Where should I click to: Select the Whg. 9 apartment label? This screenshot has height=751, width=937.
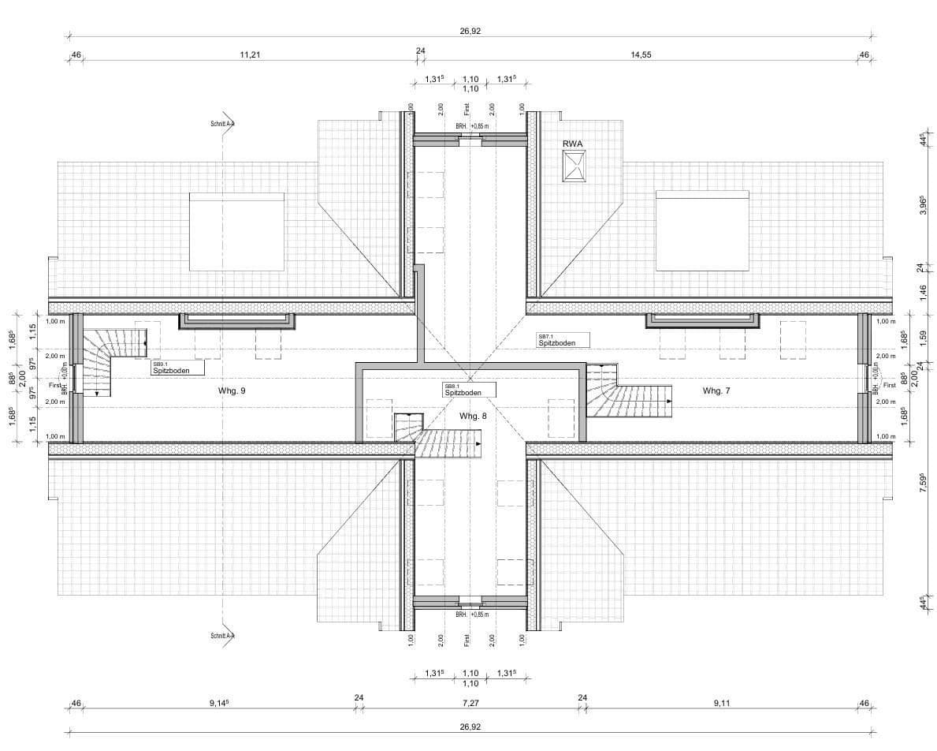[232, 390]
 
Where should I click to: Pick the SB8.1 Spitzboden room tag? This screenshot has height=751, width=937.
[469, 390]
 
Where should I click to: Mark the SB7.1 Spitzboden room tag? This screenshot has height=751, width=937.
[563, 340]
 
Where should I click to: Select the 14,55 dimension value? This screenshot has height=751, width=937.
[641, 55]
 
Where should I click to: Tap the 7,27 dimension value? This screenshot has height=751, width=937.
[470, 702]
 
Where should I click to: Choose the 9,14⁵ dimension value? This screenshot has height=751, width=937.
[220, 702]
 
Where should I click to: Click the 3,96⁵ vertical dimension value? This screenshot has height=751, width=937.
[920, 207]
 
